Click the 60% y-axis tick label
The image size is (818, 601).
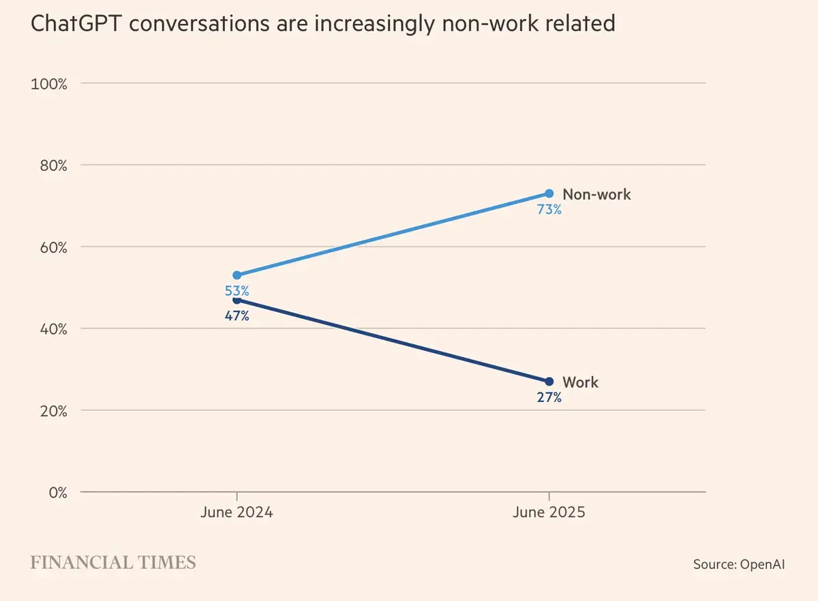(x=52, y=247)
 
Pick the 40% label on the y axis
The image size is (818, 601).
(x=52, y=329)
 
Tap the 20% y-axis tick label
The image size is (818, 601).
(x=52, y=411)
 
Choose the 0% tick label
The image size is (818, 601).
(x=55, y=493)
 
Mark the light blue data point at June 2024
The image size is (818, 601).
(x=237, y=275)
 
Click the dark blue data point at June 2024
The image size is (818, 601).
(x=237, y=300)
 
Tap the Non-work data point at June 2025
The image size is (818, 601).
(x=549, y=194)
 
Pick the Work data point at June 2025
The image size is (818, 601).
(x=549, y=382)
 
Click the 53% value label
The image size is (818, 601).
(x=237, y=291)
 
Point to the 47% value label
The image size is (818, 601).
(x=237, y=316)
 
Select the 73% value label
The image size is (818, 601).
(x=549, y=210)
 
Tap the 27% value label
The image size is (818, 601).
(x=549, y=398)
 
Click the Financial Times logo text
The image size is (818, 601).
(x=113, y=563)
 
